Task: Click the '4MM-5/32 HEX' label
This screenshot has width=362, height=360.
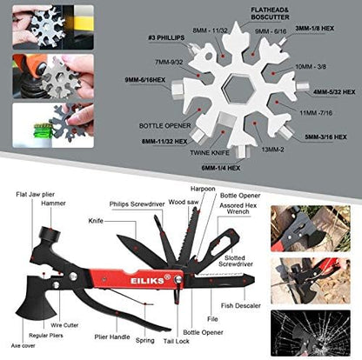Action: (335, 89)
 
